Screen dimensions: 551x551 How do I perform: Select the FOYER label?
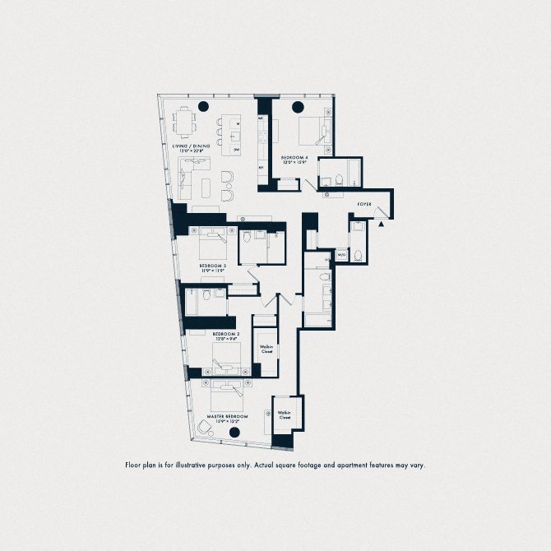[366, 202]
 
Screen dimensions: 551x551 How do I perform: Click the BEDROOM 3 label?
[212, 266]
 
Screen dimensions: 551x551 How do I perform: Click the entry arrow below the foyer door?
[380, 224]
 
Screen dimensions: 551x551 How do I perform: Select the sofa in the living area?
[187, 178]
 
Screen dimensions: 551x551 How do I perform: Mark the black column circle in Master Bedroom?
[234, 433]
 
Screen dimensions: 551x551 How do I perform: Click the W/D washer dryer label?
[340, 256]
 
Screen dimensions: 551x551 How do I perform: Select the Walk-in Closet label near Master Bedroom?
[285, 415]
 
